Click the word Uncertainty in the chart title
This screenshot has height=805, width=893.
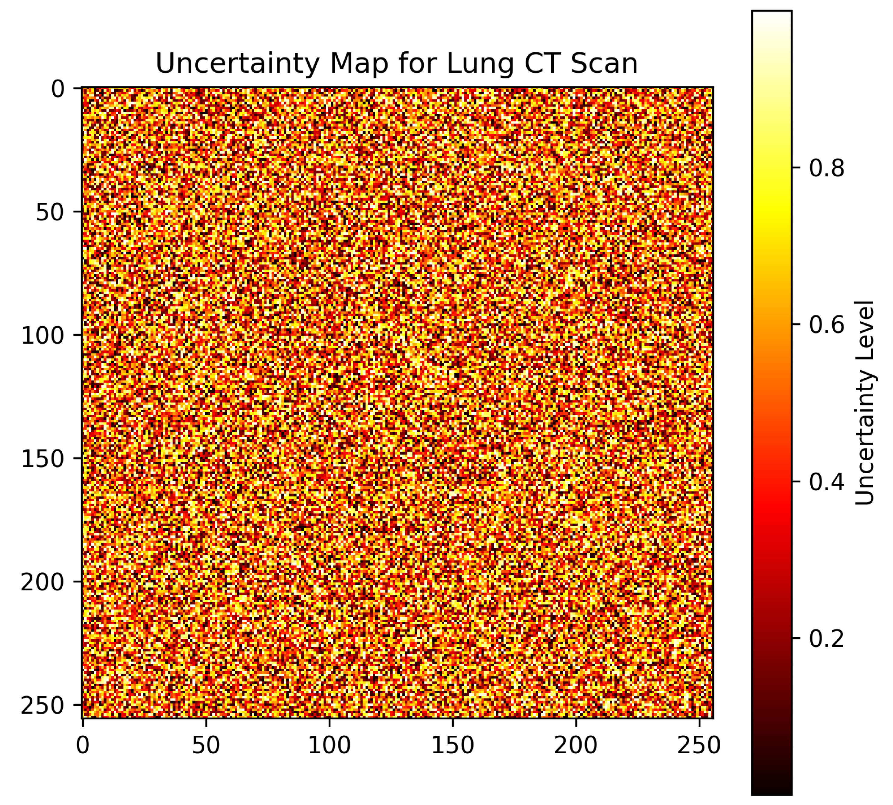(x=237, y=64)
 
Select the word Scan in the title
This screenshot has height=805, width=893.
(x=604, y=64)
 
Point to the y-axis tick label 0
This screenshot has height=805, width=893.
(x=58, y=90)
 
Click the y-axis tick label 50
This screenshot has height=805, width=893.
(x=50, y=213)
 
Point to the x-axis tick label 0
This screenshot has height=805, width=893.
(x=83, y=745)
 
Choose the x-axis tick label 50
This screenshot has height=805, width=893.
(x=206, y=745)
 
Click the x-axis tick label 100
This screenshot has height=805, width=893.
(x=329, y=745)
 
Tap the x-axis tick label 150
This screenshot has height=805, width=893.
(x=452, y=745)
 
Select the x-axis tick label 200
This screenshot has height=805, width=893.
(x=576, y=745)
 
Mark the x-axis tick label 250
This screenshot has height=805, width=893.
(x=699, y=745)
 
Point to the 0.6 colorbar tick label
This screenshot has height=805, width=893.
(x=826, y=325)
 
